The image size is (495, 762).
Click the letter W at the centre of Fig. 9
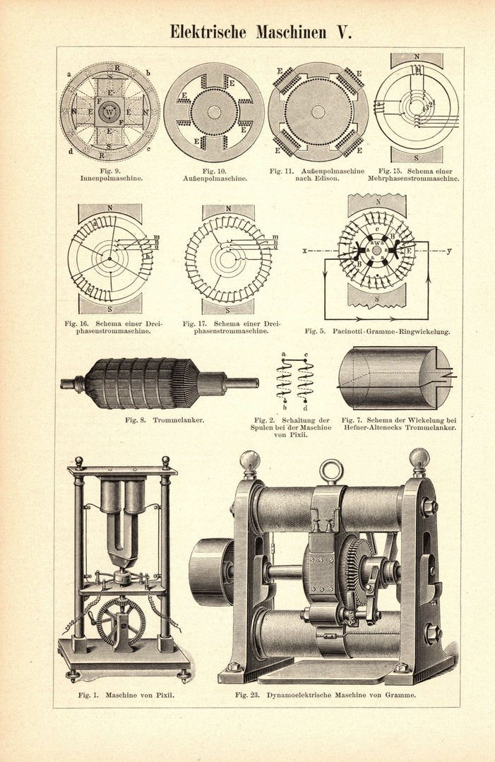pyautogui.click(x=109, y=112)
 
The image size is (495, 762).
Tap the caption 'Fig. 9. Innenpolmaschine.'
pyautogui.click(x=110, y=174)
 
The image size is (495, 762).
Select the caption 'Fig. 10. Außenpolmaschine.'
pyautogui.click(x=214, y=174)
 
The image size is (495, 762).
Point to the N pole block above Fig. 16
pyautogui.click(x=109, y=210)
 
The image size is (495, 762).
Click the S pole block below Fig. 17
pyautogui.click(x=227, y=308)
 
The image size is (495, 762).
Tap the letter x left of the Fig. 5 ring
pyautogui.click(x=304, y=251)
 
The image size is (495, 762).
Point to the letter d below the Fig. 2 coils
pyautogui.click(x=305, y=407)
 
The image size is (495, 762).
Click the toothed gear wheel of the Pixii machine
pyautogui.click(x=120, y=621)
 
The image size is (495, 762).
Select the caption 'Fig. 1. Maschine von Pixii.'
pyautogui.click(x=126, y=695)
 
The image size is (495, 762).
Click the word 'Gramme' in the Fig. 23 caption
pyautogui.click(x=400, y=695)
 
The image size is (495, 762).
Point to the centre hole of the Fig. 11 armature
pyautogui.click(x=318, y=112)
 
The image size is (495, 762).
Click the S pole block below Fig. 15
pyautogui.click(x=417, y=154)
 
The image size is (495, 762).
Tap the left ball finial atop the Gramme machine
pyautogui.click(x=249, y=461)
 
